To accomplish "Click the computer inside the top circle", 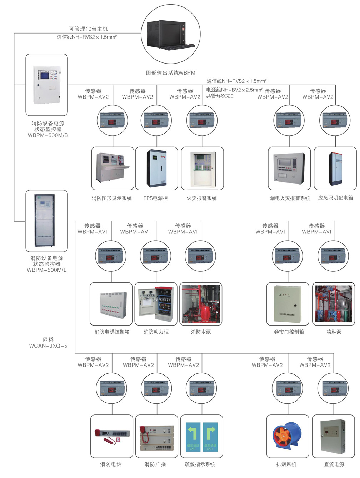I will point(167,34).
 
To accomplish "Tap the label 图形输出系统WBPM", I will point(170,73).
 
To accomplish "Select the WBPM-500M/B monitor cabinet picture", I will point(47,84).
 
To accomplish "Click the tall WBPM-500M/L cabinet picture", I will point(45,221).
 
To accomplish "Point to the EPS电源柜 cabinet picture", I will point(157,168).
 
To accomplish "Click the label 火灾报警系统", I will point(201,198).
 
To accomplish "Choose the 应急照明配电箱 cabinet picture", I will point(335,168).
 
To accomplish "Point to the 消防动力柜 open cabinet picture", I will point(156,304).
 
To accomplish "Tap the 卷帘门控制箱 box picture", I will point(287,304).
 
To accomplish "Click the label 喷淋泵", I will point(334,332).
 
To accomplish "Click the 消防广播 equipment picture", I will point(157,437).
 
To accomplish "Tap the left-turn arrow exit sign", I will point(193,436).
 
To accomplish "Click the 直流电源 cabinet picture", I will point(333,437).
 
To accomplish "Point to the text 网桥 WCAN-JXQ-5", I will point(48,343).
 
